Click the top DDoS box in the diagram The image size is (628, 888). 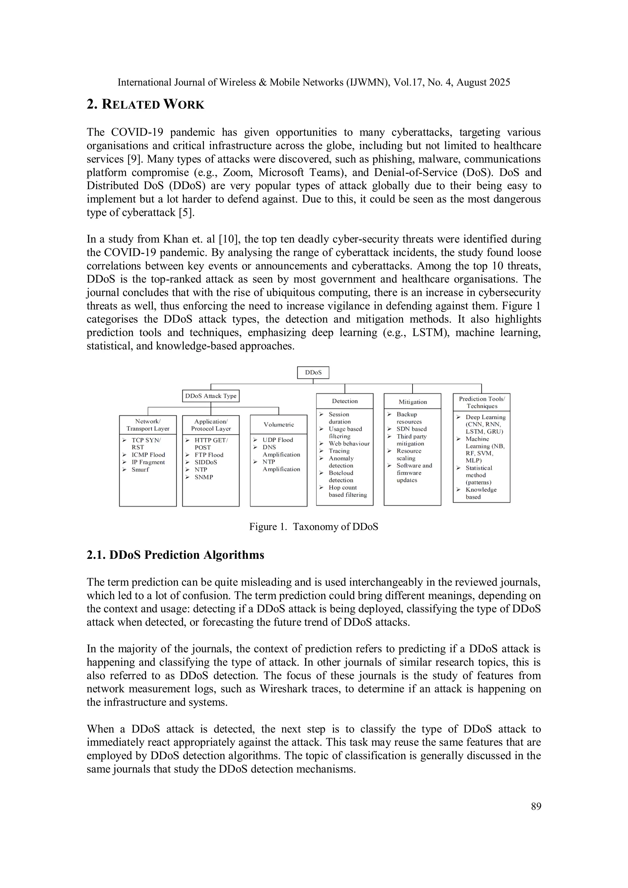pos(313,373)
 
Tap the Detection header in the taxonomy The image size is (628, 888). pos(345,401)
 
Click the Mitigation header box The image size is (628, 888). pos(412,402)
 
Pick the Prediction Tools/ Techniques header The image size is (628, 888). pos(482,402)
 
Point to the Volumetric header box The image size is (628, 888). pos(279,425)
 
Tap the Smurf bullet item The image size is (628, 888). pos(140,470)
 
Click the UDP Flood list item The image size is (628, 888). pos(278,440)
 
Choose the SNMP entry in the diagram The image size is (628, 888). pos(204,477)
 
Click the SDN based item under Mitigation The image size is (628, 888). pos(411,429)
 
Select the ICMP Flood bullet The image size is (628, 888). pos(148,455)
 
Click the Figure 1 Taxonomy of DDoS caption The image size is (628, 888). pos(313,527)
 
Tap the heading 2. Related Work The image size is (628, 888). pos(145,105)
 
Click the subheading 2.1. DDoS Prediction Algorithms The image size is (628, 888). pos(175,555)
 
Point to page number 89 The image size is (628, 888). pos(536,806)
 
